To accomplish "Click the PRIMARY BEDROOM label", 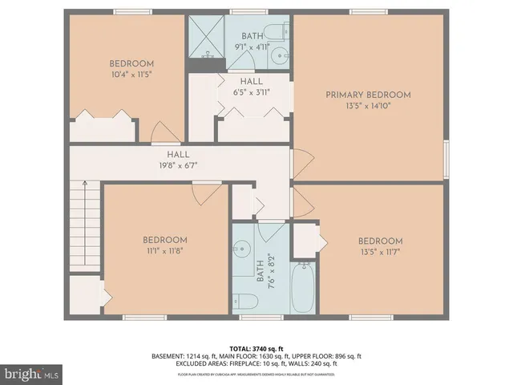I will (368, 95).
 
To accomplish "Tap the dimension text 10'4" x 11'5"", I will (131, 74).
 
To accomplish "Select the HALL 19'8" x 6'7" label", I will (177, 155).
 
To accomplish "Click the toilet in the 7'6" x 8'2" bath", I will (248, 302).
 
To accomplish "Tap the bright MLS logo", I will (31, 373).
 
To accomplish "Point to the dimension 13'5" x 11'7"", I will (380, 251).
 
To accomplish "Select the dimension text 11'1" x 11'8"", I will (165, 250).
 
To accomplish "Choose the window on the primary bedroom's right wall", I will (446, 156).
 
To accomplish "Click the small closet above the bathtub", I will (305, 238).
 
